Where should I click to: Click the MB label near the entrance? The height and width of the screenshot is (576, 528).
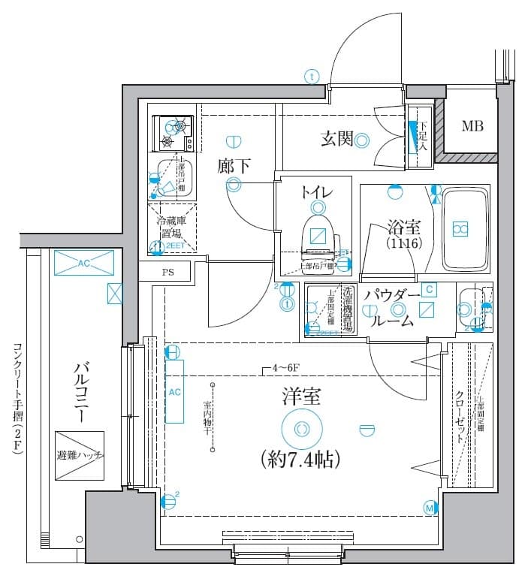[472, 125]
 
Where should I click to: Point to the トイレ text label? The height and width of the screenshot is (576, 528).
[316, 191]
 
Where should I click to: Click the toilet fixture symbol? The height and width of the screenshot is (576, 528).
[317, 234]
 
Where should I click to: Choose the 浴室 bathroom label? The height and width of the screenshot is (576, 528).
[403, 226]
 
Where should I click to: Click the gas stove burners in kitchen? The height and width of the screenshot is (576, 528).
[173, 134]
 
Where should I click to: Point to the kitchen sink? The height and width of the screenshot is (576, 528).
[175, 181]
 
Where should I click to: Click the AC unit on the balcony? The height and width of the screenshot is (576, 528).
[83, 264]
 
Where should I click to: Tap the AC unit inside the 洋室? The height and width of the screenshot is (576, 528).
[173, 391]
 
